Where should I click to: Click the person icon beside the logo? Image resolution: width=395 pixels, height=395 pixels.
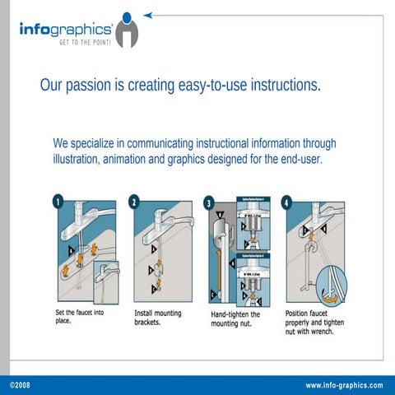click(127, 30)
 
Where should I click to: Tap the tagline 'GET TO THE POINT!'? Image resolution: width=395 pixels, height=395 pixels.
click(82, 44)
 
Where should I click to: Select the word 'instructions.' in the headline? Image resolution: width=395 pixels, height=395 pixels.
click(281, 86)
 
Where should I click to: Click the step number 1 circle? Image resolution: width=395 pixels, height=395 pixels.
click(58, 201)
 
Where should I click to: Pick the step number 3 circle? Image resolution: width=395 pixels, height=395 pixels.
click(210, 202)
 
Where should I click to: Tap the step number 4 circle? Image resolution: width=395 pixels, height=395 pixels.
click(286, 202)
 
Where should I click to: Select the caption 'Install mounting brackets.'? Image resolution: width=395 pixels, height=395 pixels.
click(158, 318)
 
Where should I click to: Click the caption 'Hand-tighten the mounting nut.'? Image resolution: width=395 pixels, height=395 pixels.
click(235, 319)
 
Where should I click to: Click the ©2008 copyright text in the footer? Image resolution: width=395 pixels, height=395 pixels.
click(20, 385)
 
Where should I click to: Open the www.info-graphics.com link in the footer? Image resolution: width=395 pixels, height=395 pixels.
click(344, 385)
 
